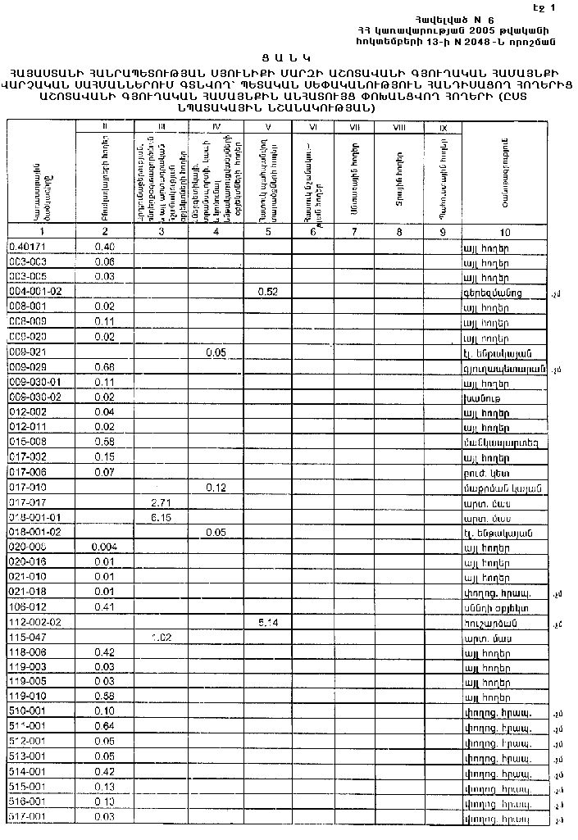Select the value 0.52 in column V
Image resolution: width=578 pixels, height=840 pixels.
click(x=268, y=291)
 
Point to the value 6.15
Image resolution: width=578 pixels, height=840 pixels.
click(x=161, y=516)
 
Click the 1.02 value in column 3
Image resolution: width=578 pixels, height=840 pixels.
click(x=161, y=637)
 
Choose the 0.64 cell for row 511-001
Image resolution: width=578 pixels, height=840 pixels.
click(x=104, y=726)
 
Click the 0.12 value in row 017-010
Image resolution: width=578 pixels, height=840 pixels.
click(x=216, y=487)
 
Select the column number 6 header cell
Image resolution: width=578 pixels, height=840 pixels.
click(x=312, y=232)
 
